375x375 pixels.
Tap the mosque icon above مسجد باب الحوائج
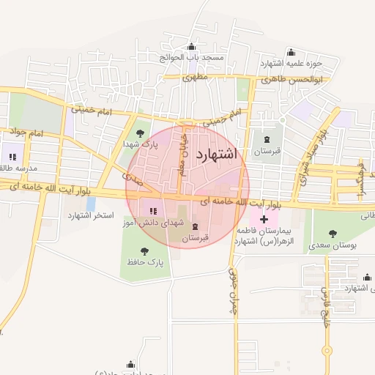pos(192,47)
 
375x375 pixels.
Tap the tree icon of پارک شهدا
pos(139,133)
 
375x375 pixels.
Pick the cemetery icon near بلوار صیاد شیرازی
pos(266,139)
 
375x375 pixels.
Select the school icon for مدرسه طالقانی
pos(12,156)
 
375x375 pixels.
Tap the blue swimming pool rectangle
pos(91,202)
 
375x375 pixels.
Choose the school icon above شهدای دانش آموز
pos(152,212)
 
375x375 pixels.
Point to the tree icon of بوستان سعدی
pos(333,234)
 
